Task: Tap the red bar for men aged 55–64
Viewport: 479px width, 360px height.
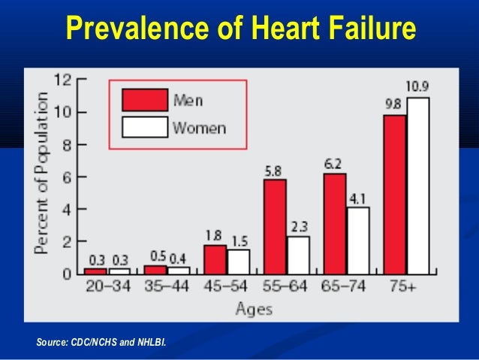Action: tap(275, 226)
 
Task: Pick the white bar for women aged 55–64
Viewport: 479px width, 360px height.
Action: tap(298, 255)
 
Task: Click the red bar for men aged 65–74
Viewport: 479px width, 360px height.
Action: tap(335, 223)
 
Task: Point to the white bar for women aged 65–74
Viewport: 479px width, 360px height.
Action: tap(358, 240)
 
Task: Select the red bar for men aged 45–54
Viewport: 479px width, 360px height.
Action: tap(215, 259)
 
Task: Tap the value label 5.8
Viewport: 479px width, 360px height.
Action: tap(273, 171)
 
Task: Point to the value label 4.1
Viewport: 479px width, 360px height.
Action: tap(357, 198)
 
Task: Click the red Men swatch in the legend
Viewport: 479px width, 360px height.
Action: tap(144, 99)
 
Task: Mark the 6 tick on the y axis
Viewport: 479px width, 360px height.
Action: tap(67, 177)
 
